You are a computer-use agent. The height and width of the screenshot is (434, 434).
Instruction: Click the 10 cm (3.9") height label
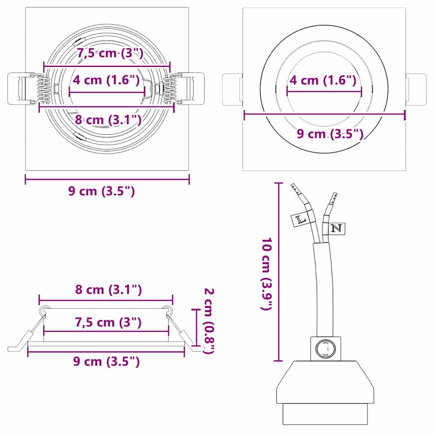[x=266, y=275]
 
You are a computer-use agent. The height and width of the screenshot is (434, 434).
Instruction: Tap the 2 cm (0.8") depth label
[x=209, y=320]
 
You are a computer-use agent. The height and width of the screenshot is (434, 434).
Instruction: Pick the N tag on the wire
[x=336, y=228]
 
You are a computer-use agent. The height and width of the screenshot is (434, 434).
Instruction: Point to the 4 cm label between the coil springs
[x=106, y=79]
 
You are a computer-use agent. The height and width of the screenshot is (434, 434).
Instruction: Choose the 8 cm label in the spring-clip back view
[x=108, y=120]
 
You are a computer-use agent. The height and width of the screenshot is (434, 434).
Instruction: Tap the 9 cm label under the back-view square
[x=102, y=191]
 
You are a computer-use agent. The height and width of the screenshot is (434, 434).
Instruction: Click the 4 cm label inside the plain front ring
[x=322, y=79]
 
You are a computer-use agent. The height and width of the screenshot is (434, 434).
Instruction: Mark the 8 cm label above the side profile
[x=108, y=290]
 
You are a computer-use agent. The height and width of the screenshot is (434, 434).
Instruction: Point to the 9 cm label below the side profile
[x=106, y=362]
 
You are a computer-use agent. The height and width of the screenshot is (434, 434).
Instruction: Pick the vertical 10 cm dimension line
[x=278, y=271]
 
